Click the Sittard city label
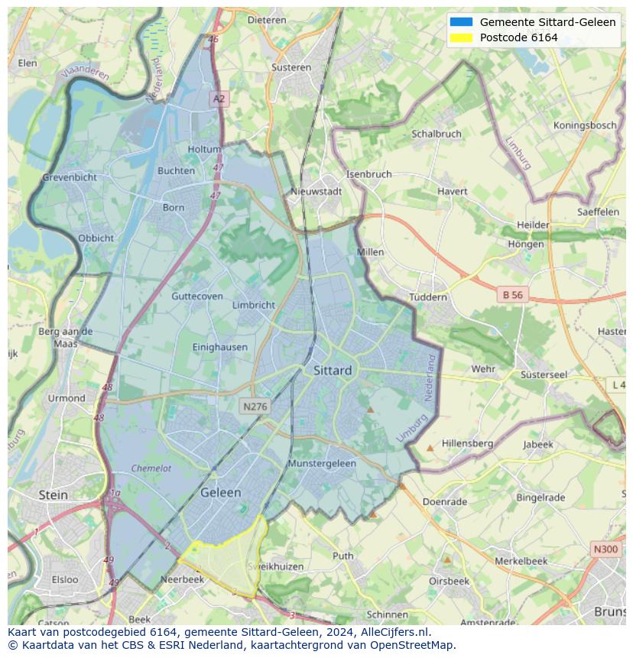333,371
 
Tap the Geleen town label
220,493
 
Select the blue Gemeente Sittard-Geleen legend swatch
461,22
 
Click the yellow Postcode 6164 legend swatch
461,37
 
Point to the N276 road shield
254,407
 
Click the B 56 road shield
512,294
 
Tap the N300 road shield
605,549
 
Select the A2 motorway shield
219,99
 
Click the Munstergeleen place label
322,464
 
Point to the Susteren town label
291,67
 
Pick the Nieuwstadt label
316,192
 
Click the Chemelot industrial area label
151,468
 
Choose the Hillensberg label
467,443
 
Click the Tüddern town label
427,297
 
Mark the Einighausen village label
220,347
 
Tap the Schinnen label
387,614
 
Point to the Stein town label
53,495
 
